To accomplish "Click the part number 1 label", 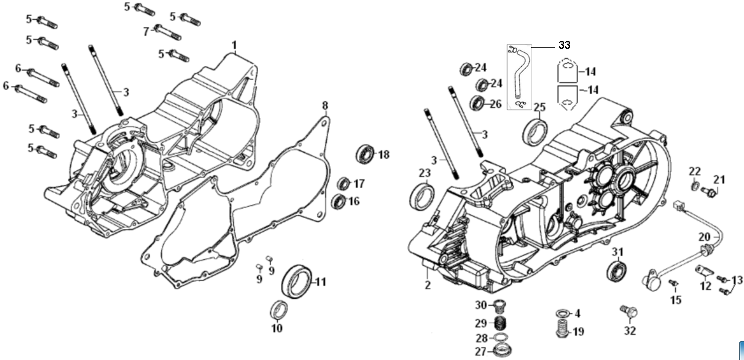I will coord(234,44).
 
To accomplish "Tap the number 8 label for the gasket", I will coord(325,106).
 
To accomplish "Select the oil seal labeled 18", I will coord(365,154).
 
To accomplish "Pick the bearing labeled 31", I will coord(617,271).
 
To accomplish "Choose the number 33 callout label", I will coord(563,45).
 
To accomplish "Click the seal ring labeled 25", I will coord(534,131).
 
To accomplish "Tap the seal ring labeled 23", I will coord(423,196).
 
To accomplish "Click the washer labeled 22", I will coord(695,185).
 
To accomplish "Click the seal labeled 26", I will coord(477,103).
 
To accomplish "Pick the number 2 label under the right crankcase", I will coord(427,285).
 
